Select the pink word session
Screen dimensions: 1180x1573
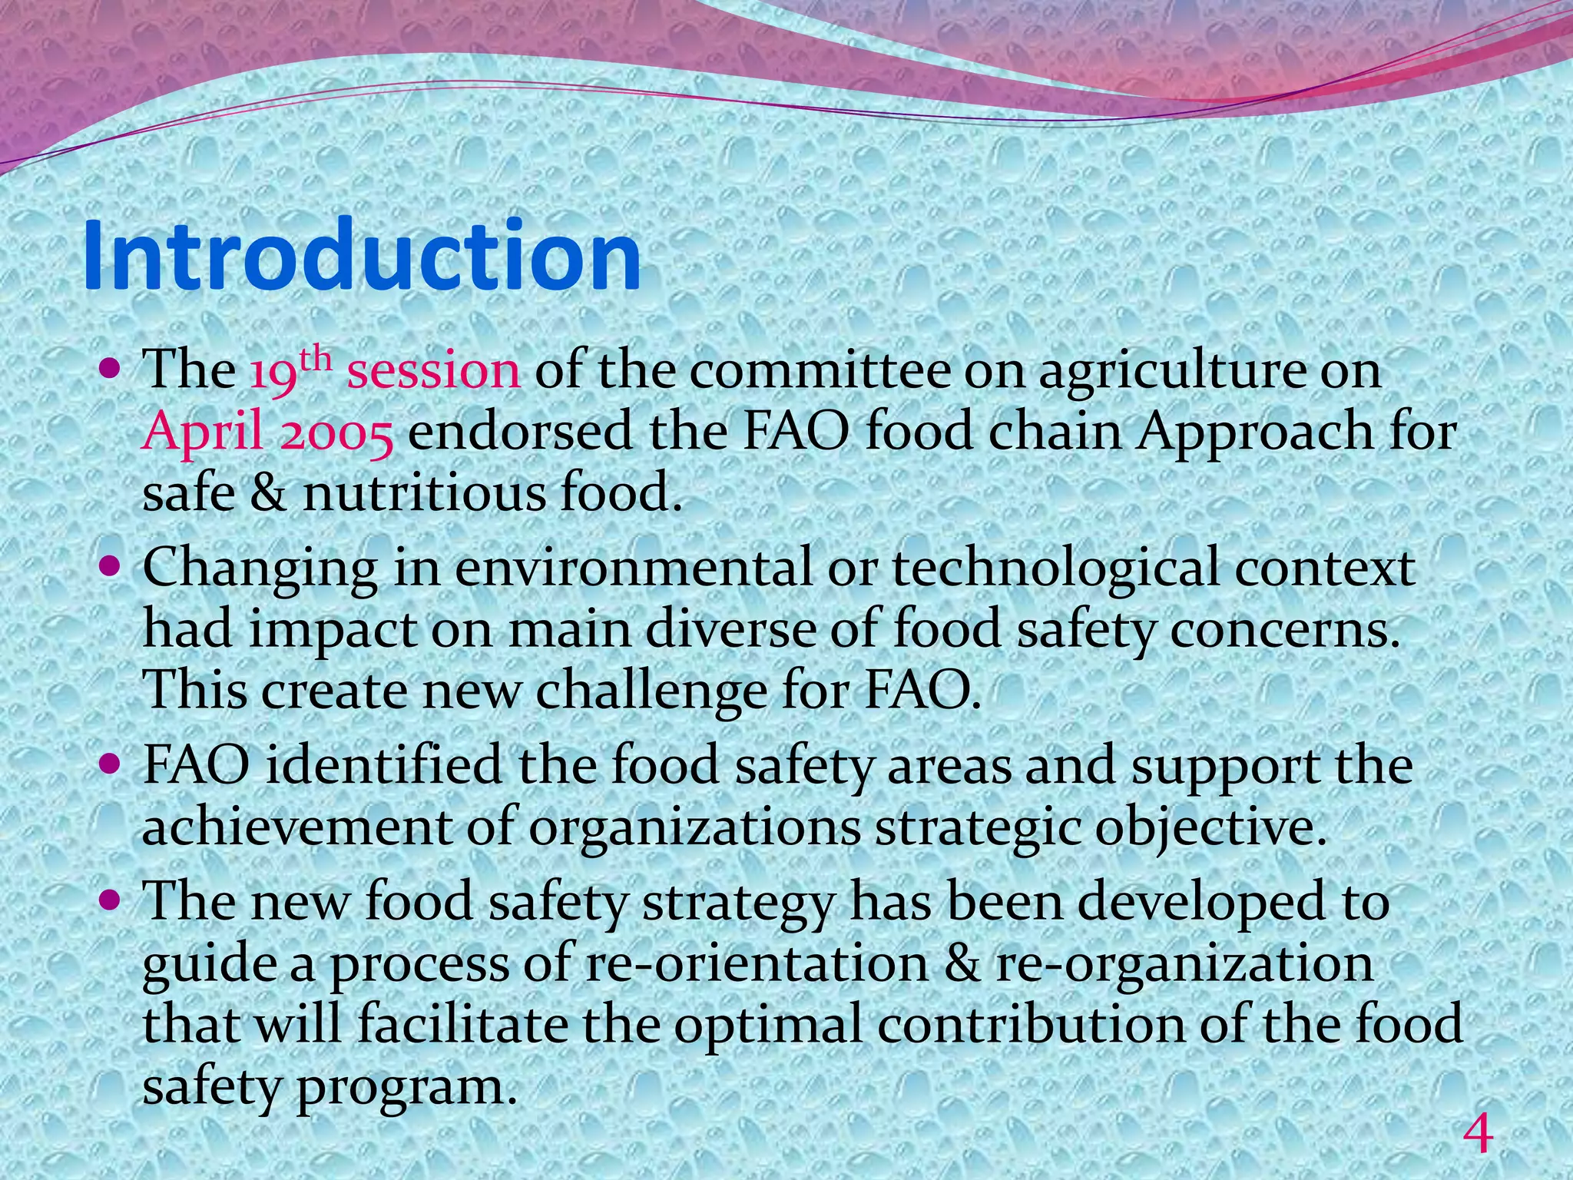(x=433, y=371)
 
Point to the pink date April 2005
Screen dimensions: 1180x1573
(x=268, y=433)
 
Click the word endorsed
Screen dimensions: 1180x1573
(x=521, y=432)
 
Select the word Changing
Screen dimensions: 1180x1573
(x=260, y=570)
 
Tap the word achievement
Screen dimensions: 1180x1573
(x=296, y=828)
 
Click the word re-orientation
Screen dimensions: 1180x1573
(x=756, y=964)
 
